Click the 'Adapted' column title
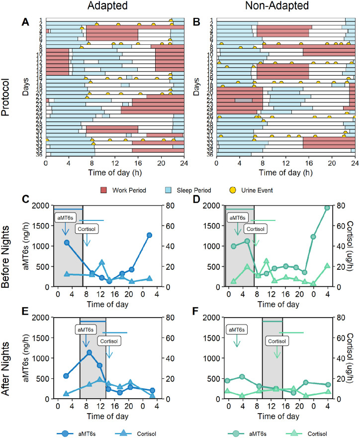click(x=115, y=6)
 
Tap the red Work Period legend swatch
click(x=103, y=177)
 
